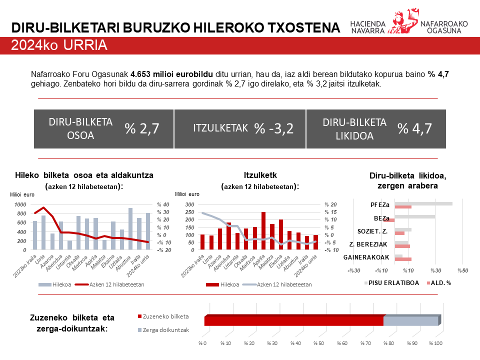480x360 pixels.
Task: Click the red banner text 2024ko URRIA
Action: point(59,46)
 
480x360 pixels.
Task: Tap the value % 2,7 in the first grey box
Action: point(142,128)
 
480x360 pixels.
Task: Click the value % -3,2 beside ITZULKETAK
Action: point(273,128)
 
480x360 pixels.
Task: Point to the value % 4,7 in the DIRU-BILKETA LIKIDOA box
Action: point(414,128)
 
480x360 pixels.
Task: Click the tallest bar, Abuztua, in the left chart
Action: point(130,228)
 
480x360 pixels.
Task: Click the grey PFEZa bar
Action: point(423,203)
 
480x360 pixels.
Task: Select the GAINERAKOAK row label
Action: point(366,257)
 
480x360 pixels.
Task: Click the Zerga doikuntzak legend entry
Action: point(165,330)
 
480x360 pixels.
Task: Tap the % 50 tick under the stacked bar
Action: point(318,343)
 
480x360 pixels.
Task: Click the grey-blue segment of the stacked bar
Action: point(410,320)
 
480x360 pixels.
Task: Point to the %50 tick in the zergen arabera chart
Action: point(462,270)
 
